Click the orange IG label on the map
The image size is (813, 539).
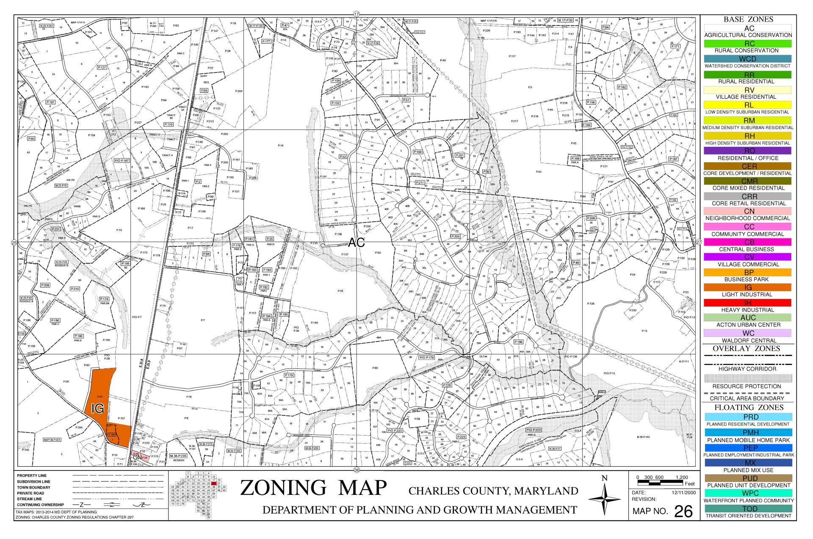pos(98,409)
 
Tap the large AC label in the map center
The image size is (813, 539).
pos(356,242)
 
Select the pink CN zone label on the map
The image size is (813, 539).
pos(137,457)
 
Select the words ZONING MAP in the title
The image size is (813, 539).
pos(313,488)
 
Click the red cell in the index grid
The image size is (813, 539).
pos(214,483)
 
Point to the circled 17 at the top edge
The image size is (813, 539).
pos(357,14)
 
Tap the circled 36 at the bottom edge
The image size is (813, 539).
pos(357,470)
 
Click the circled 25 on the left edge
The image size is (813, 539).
pos(14,243)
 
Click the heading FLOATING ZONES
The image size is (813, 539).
pos(748,407)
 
